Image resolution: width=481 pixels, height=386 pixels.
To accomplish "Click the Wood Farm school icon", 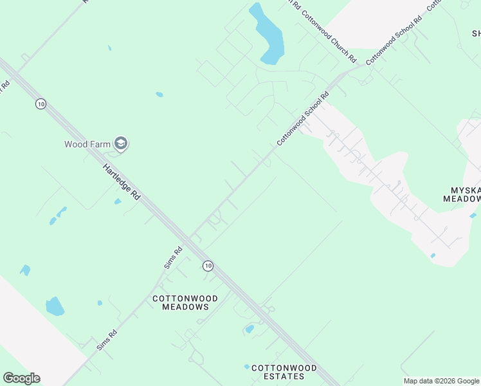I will (120, 143).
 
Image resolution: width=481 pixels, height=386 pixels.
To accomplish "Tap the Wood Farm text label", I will (87, 144).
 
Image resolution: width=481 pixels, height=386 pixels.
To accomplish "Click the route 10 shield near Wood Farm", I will (41, 104).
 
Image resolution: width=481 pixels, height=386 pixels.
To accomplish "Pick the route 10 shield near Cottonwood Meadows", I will (207, 265).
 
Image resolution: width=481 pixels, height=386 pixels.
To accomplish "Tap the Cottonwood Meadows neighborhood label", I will (185, 302).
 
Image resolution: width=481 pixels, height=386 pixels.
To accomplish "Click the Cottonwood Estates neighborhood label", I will (284, 372).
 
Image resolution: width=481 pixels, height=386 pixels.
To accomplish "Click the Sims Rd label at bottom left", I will (107, 339).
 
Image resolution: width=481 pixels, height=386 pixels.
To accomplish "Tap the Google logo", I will (21, 378).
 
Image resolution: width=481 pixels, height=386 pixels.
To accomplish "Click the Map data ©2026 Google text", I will (442, 381).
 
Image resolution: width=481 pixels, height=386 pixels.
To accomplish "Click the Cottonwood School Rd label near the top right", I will (394, 40).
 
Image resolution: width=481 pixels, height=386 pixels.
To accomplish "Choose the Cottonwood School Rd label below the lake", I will (303, 118).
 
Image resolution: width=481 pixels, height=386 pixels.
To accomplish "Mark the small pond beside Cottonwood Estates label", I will (246, 367).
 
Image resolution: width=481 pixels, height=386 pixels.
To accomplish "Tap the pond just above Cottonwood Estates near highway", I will (250, 329).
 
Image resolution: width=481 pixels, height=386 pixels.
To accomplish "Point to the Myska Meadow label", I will (462, 194).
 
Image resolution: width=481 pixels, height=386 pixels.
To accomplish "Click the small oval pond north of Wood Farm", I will (159, 95).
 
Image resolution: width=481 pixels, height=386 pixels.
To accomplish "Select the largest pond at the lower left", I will (55, 306).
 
